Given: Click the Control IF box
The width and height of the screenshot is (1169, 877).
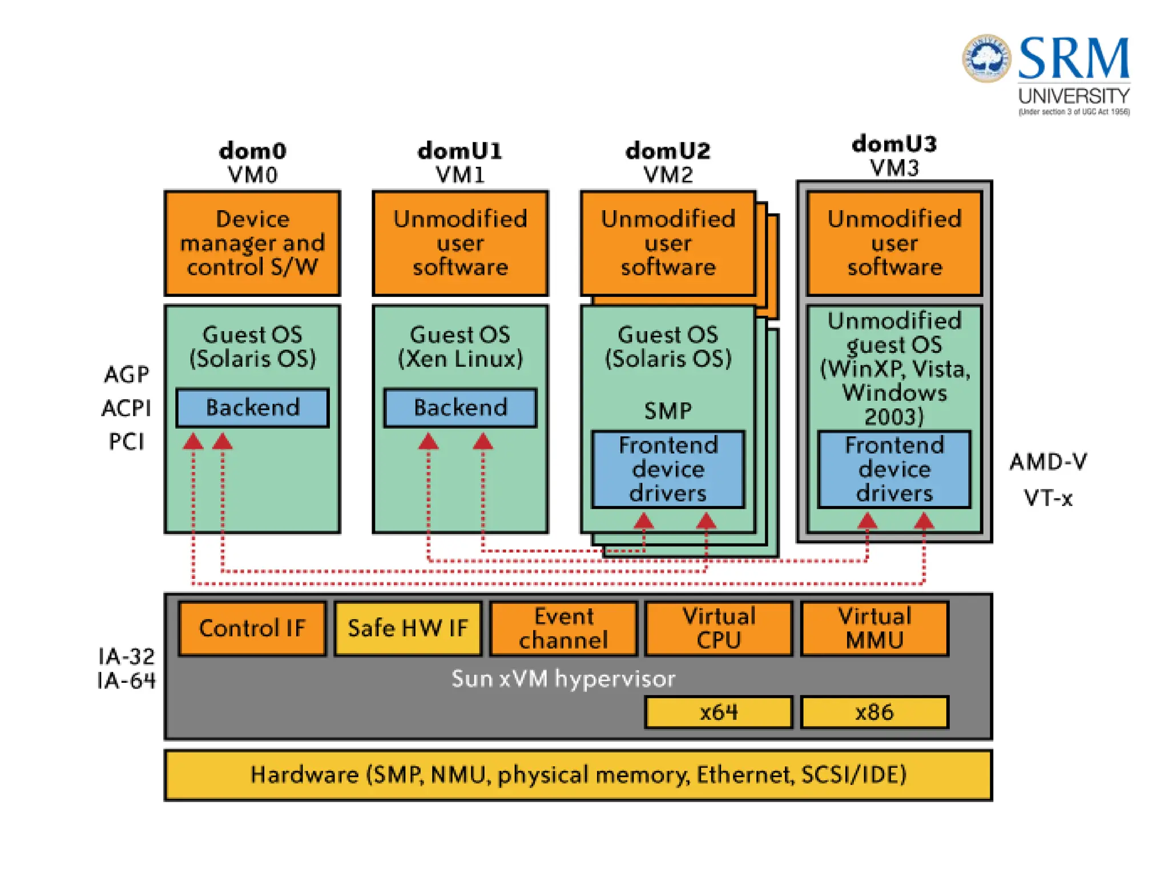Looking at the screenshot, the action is pos(252,628).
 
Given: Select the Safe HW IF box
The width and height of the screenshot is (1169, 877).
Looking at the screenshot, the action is pos(408,628).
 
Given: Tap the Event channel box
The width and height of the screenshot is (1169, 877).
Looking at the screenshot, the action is pos(563,628).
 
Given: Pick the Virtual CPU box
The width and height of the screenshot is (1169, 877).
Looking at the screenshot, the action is pos(719,628).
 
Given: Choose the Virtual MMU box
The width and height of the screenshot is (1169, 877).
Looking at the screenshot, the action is pos(874,628).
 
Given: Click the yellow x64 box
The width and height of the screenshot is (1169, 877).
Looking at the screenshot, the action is pos(719,712).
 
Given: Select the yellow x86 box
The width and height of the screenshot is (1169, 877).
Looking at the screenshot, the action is pos(874,712).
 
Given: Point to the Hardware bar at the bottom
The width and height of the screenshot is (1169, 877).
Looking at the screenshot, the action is pos(578,775).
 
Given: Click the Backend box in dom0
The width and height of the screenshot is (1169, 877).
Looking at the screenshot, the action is pos(252,408).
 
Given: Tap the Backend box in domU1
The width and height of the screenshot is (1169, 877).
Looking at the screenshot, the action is pos(460,408).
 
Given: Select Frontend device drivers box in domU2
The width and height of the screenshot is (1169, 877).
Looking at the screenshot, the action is pos(668,469).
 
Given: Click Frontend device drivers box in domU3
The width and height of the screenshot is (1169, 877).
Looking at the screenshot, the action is pos(894,469).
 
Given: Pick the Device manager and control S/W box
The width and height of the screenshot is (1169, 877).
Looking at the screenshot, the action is pos(252,243).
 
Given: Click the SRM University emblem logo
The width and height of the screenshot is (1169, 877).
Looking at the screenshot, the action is pos(986,58).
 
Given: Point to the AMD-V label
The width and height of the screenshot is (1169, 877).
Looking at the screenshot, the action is pos(1049,461).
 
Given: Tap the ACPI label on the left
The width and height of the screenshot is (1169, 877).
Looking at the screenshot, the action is pos(126,408).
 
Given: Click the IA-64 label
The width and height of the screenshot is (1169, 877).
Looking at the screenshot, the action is pos(126,681).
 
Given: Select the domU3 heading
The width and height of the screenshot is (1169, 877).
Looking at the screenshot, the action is pos(894,144).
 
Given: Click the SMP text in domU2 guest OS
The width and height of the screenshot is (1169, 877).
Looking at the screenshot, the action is pos(668,411).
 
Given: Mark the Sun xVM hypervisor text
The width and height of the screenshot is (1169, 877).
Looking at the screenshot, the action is pos(563,679).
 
